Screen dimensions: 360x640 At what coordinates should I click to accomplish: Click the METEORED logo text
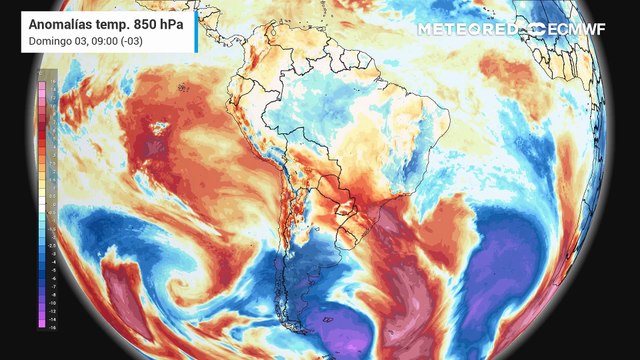[471, 30]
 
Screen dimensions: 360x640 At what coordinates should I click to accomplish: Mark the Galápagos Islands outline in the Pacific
[184, 88]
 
